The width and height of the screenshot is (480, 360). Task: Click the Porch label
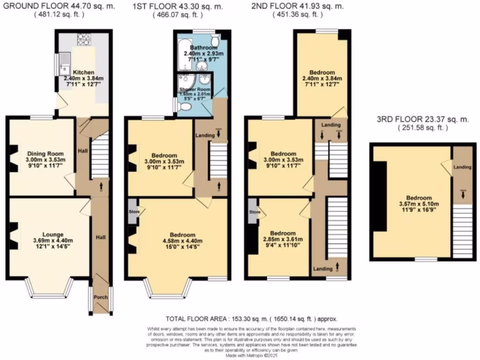[x=101, y=297]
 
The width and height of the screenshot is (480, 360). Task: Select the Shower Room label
[x=195, y=90]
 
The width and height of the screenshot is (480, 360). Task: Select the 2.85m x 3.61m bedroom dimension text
[x=283, y=240]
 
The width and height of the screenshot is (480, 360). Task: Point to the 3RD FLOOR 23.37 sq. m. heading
[x=423, y=120]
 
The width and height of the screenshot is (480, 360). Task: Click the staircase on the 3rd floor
[x=463, y=232]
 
